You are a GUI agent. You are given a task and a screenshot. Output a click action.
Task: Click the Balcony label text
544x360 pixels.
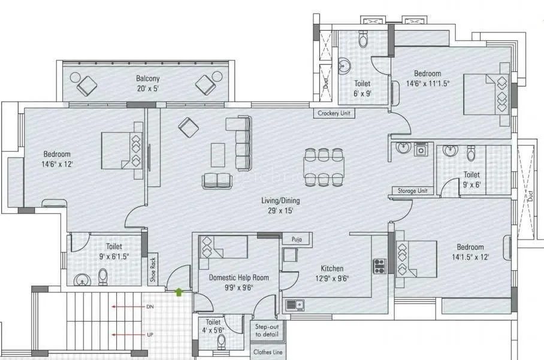[x=147, y=78]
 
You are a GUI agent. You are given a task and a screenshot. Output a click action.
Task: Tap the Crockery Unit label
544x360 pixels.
[x=335, y=113]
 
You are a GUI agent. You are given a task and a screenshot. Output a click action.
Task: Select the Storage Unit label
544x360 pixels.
[x=412, y=190]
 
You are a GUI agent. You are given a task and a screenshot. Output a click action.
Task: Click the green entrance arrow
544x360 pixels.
[x=179, y=292]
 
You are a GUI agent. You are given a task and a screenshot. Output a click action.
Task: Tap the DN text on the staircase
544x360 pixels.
[x=150, y=307]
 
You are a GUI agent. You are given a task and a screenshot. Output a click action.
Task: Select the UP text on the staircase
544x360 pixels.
[x=150, y=334]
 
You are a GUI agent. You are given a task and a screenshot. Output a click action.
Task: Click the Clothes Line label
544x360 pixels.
[x=267, y=352]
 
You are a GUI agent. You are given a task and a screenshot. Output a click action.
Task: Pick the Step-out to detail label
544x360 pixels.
[x=267, y=330]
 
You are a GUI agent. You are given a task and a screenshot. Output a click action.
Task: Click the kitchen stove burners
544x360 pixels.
[x=379, y=265]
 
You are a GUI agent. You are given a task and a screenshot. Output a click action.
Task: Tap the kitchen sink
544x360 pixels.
[x=294, y=304]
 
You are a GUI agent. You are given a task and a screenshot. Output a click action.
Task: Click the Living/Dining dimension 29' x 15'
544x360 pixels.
[x=280, y=210]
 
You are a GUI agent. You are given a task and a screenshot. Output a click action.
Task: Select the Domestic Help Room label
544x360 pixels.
[x=238, y=277]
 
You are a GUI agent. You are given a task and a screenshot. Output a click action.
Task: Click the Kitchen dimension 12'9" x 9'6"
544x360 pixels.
[x=327, y=278]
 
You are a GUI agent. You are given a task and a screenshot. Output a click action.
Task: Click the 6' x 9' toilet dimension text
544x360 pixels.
[x=362, y=93]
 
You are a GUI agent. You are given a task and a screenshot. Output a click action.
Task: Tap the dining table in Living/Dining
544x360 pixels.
[x=324, y=166]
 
